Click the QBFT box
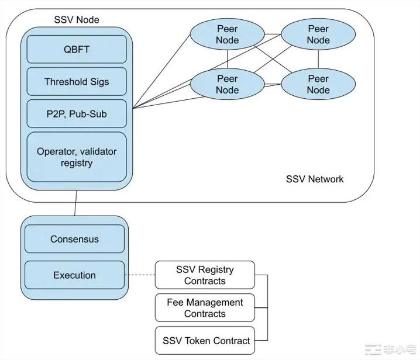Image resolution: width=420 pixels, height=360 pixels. [x=77, y=49]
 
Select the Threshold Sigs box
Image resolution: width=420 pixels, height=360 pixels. [x=77, y=81]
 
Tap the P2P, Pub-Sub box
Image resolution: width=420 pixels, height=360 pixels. [x=77, y=113]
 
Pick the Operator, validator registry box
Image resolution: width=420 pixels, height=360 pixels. [x=77, y=157]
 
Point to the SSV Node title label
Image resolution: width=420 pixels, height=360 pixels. [x=76, y=19]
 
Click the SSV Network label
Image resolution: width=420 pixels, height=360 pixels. [x=315, y=179]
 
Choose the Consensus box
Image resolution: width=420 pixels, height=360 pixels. [x=74, y=239]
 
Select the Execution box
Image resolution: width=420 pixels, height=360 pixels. [x=74, y=275]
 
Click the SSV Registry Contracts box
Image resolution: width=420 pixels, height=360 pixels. [x=205, y=275]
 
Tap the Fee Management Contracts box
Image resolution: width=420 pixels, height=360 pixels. [x=205, y=308]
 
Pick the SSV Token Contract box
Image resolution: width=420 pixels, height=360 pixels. [x=205, y=341]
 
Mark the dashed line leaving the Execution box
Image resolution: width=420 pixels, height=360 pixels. [x=140, y=275]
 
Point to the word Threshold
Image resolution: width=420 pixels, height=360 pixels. [x=64, y=81]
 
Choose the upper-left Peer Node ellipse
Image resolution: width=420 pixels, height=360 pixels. [x=227, y=34]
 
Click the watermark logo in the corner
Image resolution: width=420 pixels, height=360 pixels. [x=391, y=349]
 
